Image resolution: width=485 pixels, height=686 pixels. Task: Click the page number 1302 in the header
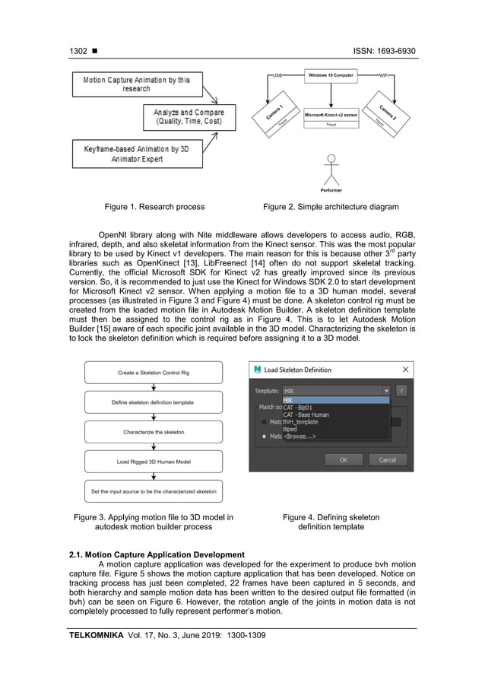coord(78,51)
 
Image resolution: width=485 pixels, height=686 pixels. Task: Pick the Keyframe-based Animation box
coord(136,154)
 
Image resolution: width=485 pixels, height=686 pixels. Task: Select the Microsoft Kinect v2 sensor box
coord(331,115)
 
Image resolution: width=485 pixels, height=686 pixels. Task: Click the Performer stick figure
coord(331,169)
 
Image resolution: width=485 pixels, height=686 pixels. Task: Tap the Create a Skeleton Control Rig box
coord(154,373)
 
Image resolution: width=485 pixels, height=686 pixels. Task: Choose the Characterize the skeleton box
coord(154,432)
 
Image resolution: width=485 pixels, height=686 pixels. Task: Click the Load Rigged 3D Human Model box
coord(154,462)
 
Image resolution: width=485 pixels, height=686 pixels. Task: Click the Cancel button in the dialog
coord(387,459)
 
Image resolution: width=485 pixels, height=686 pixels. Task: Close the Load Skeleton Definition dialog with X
coord(405,370)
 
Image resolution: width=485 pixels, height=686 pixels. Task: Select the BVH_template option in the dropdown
coord(300,421)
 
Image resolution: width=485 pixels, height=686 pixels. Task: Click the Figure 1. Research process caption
coord(154,206)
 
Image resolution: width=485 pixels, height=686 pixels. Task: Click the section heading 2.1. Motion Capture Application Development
coord(157,554)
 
